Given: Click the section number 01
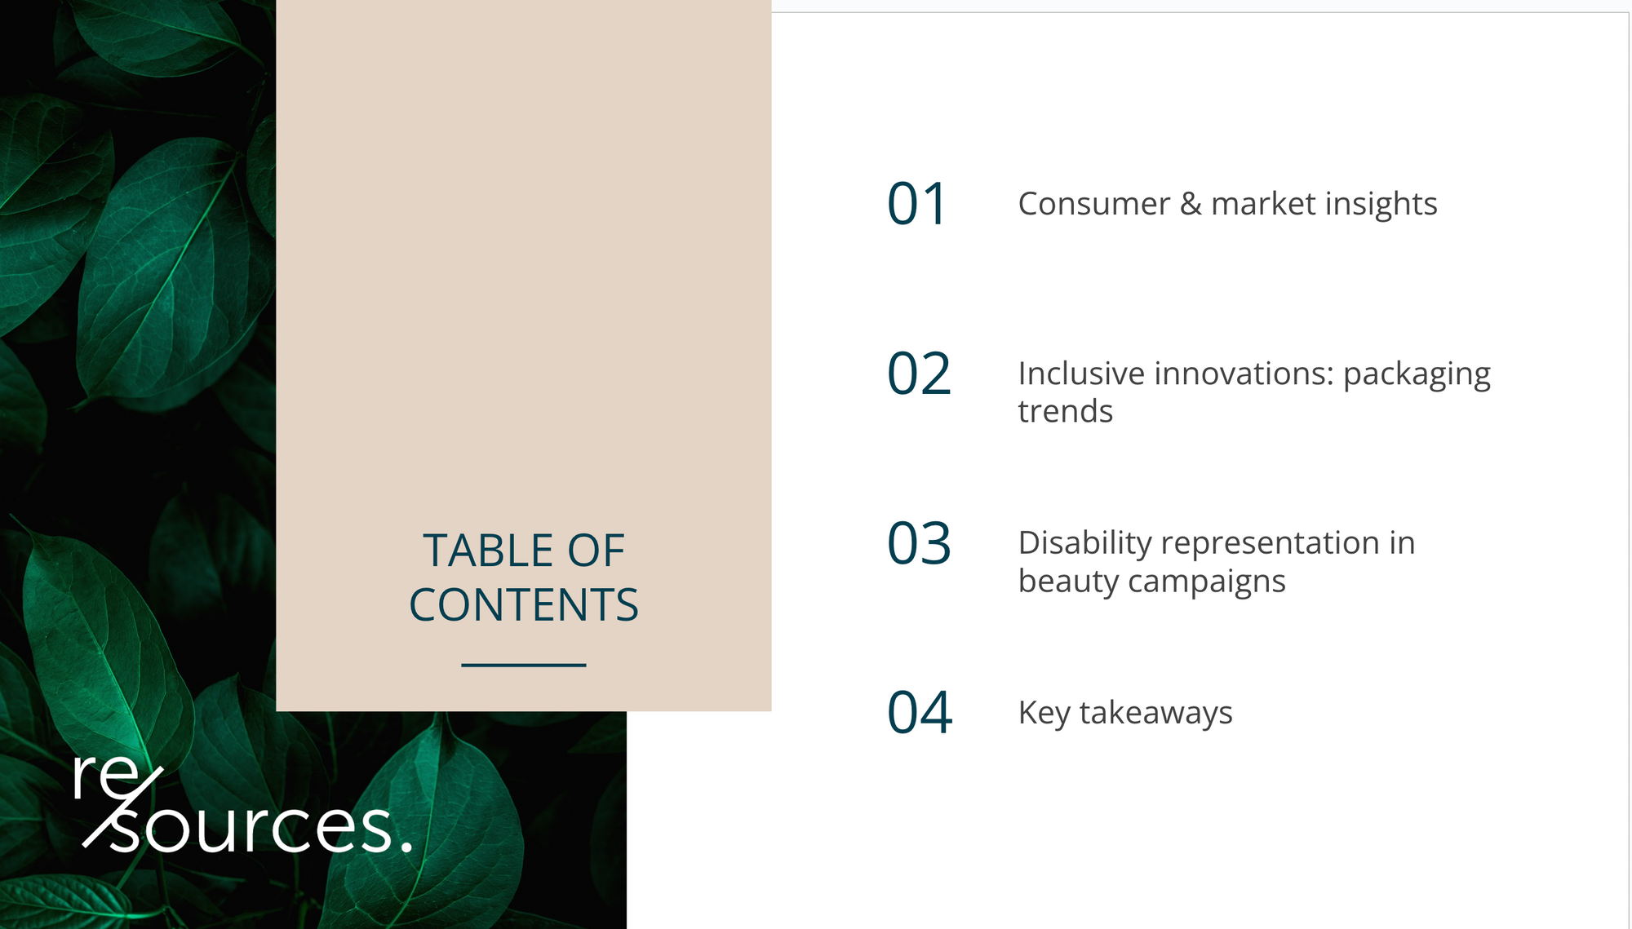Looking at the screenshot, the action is [917, 204].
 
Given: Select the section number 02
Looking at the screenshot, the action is [920, 374].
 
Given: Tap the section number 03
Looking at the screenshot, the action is [920, 543].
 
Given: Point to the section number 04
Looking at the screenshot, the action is [920, 712].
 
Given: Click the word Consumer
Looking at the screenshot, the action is [1094, 204].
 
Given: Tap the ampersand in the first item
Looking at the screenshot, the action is [1191, 204].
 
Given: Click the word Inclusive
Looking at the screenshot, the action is [1081, 374].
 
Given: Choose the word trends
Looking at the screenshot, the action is [1066, 411].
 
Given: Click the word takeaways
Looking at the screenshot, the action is [1155, 714].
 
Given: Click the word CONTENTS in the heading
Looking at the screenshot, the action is [524, 605].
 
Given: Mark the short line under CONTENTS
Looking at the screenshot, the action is [524, 665].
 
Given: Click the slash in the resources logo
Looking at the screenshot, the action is [123, 807].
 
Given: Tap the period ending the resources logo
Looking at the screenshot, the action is [406, 847].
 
